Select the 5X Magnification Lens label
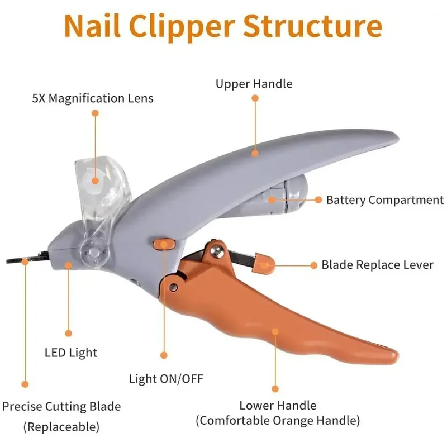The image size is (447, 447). point(93,99)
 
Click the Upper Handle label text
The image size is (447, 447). point(254,84)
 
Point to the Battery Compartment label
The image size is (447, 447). point(385,200)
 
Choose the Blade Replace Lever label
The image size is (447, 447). point(377,265)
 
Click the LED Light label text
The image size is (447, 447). point(70,353)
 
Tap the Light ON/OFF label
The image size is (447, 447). point(166,379)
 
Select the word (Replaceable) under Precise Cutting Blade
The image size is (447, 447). point(61,427)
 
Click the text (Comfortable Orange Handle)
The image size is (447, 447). point(278,420)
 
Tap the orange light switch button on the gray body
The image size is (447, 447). point(163,243)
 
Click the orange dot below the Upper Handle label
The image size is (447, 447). point(255,98)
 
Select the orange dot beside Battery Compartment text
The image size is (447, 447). point(318,199)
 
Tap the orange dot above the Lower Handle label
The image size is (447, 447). point(275,388)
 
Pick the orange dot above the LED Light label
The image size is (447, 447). point(68,333)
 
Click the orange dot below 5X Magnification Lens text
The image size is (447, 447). point(95,113)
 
